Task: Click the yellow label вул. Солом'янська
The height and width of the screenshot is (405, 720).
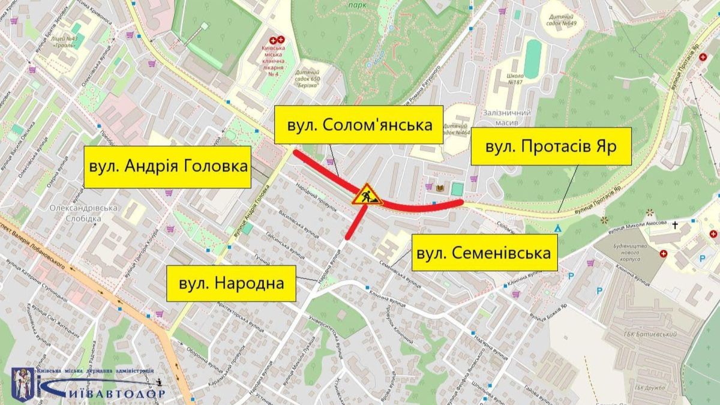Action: coord(359,125)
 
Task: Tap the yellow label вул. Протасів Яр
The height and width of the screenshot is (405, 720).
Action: coord(550,146)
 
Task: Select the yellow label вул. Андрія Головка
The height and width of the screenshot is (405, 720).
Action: coord(167,166)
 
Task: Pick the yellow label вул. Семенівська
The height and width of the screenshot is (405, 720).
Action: coord(483,253)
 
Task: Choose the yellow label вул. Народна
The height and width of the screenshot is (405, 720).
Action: coord(231,283)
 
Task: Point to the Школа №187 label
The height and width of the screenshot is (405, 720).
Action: coord(515,79)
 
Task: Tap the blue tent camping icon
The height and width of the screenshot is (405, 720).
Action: coord(559,227)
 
